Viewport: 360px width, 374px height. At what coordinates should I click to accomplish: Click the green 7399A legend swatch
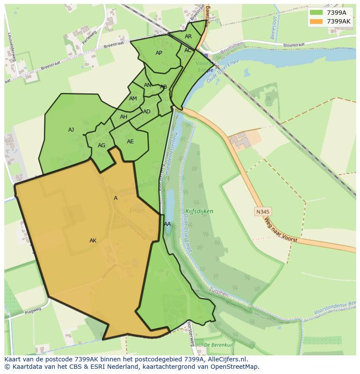(317, 13)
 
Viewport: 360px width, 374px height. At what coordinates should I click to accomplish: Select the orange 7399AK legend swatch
(317, 21)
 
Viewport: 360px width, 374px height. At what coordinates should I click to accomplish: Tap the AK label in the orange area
(93, 241)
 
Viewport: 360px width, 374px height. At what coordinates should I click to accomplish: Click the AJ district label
(71, 130)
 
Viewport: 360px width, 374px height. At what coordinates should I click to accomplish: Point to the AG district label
(101, 146)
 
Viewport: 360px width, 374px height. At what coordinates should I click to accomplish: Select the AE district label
(130, 142)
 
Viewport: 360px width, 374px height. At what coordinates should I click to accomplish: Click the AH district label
(124, 117)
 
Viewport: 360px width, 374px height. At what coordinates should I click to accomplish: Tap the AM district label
(133, 99)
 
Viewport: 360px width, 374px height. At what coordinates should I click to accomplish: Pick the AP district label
(159, 53)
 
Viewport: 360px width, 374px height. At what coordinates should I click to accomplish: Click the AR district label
(188, 36)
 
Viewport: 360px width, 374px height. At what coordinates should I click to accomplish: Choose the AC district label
(188, 50)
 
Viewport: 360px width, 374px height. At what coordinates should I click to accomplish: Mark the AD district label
(147, 112)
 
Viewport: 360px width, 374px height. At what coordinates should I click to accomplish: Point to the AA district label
(167, 224)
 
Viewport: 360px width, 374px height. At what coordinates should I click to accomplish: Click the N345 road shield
(263, 212)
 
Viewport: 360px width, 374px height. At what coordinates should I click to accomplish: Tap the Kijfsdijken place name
(199, 212)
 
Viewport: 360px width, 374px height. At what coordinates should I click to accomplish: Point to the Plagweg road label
(33, 311)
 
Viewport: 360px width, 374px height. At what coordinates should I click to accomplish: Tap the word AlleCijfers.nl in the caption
(227, 360)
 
